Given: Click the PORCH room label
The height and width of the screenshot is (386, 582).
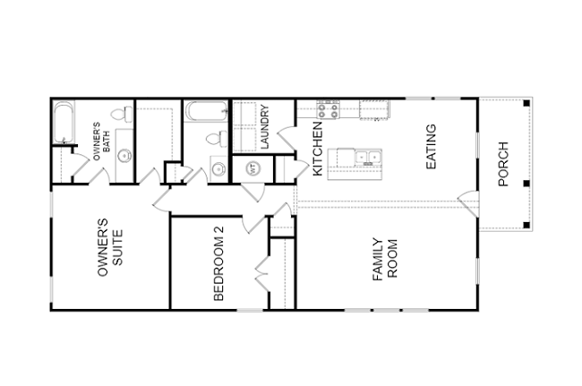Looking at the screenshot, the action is pos(503,164).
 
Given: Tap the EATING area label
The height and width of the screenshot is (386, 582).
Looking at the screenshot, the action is pos(431,147).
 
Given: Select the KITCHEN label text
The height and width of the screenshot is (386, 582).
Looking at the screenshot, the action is pos(318,149).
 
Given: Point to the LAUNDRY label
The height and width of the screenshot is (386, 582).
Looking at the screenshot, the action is pos(265,127).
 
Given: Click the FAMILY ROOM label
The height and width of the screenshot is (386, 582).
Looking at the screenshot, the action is pos(385,259).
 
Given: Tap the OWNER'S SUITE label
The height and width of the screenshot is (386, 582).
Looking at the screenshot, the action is pos(110,247).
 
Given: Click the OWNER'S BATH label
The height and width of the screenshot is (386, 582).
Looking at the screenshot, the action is pos(102,142).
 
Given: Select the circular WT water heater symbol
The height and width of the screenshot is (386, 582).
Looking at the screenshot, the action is pos(253,169).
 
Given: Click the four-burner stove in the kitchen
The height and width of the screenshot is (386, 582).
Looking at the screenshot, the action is pos(328,109).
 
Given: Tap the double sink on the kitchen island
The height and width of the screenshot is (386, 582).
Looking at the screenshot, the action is pos(368,158).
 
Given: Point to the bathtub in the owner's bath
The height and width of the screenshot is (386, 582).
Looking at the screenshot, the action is pos(64,123).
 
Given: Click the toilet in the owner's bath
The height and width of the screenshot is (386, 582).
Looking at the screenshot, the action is pos(122,115).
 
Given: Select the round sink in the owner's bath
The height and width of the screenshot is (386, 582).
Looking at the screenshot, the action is pos(124,156).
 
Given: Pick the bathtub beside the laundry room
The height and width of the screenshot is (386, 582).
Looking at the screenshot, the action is pos(206,111).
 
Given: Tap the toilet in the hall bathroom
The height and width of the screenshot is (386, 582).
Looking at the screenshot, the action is pos(218,139).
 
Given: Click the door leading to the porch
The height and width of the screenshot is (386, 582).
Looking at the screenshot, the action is pos(468,203).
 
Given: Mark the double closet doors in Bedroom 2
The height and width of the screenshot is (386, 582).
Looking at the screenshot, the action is pos(262,274).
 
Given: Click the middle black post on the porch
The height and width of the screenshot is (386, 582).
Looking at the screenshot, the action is pos(526,184).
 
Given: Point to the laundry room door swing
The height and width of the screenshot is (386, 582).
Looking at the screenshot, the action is pos(287,139).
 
